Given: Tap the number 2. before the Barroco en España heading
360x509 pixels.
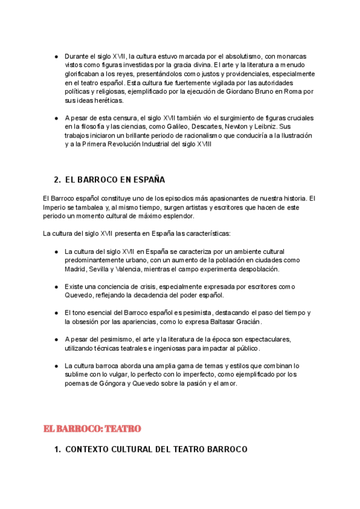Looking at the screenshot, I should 57,179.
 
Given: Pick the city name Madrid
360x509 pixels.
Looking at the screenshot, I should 76,269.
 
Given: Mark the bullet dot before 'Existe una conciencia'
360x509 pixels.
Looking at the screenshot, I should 56,286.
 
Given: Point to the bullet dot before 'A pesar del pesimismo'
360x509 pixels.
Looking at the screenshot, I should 56,339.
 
